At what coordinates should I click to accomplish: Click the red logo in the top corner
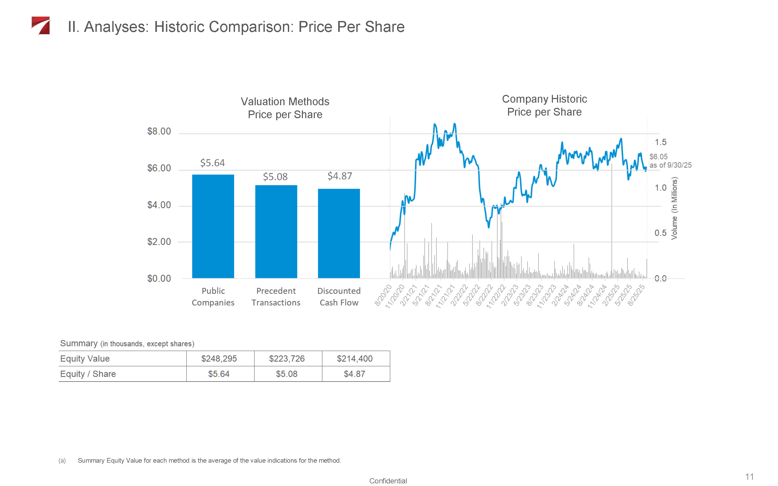[x=41, y=25]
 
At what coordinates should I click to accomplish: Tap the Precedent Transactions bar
[x=276, y=231]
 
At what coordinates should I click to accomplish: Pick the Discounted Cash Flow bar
[x=338, y=233]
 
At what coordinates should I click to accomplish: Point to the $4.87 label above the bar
[x=339, y=176]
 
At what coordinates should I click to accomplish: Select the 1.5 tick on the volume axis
[x=661, y=142]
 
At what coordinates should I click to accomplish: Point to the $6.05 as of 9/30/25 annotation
[x=670, y=161]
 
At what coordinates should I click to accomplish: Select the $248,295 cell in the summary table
[x=219, y=358]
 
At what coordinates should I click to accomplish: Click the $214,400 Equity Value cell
[x=355, y=358]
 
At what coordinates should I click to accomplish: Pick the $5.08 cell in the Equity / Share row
[x=287, y=374]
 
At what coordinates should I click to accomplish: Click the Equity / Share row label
[x=88, y=374]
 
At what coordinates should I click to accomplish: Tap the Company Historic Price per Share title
[x=544, y=105]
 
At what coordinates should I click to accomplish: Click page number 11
[x=749, y=476]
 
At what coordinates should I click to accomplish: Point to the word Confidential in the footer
[x=388, y=481]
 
